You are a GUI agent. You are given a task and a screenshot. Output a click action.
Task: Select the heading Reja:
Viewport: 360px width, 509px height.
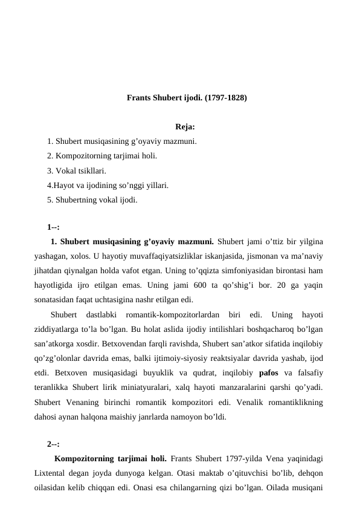pos(184,127)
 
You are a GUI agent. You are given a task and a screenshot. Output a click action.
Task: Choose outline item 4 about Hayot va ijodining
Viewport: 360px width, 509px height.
pos(108,185)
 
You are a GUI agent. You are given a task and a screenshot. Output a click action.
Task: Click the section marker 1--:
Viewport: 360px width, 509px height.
pos(53,227)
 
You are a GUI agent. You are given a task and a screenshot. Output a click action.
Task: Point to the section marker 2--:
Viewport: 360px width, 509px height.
pos(53,443)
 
